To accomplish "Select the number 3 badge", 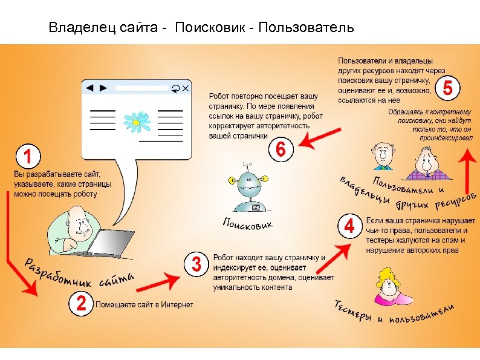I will tap(196, 264).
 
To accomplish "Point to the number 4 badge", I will tap(349, 227).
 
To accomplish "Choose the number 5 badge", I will tap(447, 90).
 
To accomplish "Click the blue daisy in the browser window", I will tap(137, 120).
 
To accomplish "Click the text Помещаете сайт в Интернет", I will tap(144, 304).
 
